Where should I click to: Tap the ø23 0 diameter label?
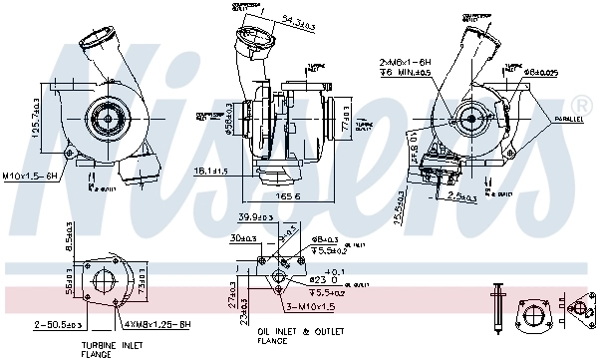[x=319, y=279]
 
